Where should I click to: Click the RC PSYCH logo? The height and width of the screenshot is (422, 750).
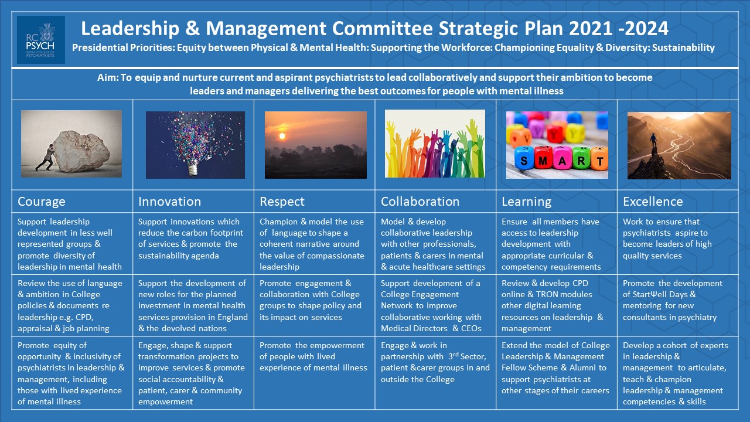[x=40, y=39]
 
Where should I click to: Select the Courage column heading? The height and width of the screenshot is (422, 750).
[x=42, y=202]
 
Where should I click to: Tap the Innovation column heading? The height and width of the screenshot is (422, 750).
[x=169, y=202]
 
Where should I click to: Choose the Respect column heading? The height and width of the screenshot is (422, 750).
[x=282, y=202]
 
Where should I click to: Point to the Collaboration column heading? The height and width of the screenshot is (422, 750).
[x=420, y=202]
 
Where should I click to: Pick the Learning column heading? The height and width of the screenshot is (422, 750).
[x=527, y=202]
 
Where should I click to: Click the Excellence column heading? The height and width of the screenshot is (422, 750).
[x=653, y=202]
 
